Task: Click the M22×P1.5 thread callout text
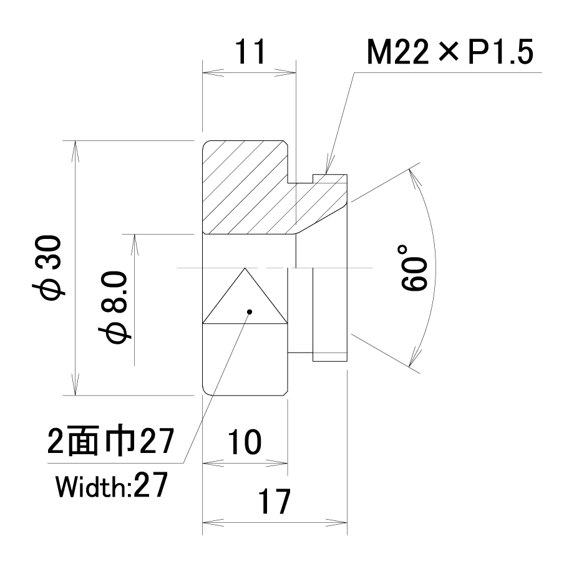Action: tap(450, 52)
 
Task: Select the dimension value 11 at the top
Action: tap(250, 52)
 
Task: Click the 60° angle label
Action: tap(414, 268)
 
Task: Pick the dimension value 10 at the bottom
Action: tap(245, 442)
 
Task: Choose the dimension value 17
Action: tap(274, 502)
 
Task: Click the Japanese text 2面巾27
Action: tap(110, 442)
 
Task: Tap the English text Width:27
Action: tap(112, 485)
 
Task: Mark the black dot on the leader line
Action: tap(250, 312)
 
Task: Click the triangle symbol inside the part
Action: tap(245, 296)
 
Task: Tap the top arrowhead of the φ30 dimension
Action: tap(75, 151)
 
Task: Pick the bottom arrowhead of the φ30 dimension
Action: tap(75, 385)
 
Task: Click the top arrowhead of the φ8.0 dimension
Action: tap(134, 245)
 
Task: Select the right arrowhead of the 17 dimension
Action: tap(336, 522)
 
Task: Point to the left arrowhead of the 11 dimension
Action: tap(213, 72)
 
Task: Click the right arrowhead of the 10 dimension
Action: tap(277, 463)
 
